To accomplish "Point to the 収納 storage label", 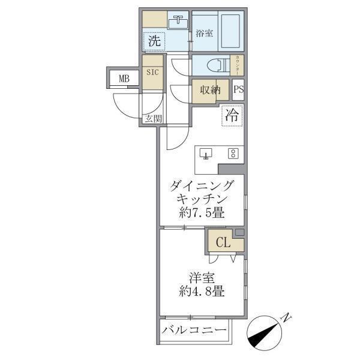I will coord(211,90).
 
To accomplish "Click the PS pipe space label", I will coord(238,90).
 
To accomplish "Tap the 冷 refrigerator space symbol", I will coord(233,116).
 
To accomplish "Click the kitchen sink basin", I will coord(206,154).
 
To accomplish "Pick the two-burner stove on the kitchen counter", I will coord(233,153).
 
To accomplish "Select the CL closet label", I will coord(223,243).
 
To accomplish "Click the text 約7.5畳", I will coord(202,212).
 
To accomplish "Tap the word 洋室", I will coord(201,278).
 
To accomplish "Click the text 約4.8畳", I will coord(202,293).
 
